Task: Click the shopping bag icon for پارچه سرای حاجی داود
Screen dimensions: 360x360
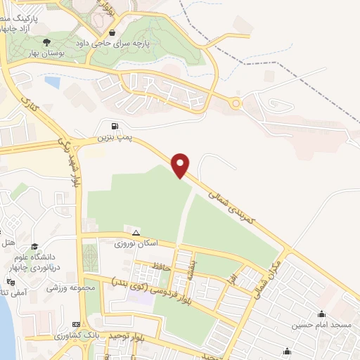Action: [x=112, y=32]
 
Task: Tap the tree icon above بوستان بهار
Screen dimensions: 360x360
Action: [x=47, y=41]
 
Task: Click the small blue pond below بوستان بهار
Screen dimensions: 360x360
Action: [x=51, y=82]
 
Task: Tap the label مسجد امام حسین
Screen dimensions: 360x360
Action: [x=323, y=326]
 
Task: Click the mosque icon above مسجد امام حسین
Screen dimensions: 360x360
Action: [x=323, y=314]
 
